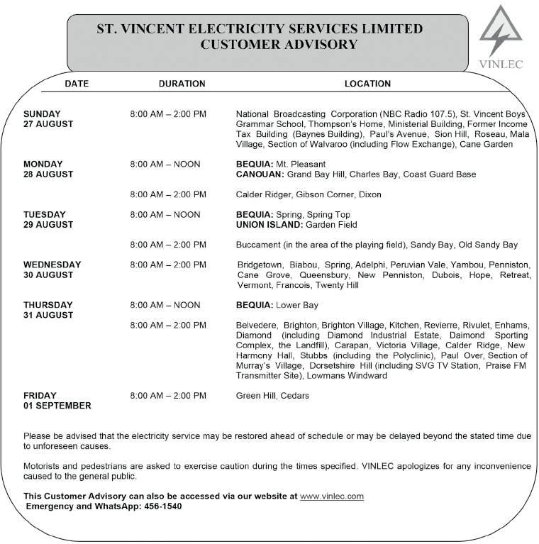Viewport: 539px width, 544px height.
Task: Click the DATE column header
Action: point(77,84)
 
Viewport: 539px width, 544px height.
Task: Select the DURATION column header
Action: point(182,84)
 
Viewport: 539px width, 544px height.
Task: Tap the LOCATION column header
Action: point(367,84)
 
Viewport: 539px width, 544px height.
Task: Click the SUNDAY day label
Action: point(42,114)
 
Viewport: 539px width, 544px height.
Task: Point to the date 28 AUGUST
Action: point(48,174)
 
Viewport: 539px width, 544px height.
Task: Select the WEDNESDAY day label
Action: point(52,265)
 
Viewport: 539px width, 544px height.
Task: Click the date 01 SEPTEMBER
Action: point(57,406)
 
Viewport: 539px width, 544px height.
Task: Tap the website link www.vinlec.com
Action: point(332,496)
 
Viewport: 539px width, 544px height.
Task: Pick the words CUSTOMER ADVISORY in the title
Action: point(279,45)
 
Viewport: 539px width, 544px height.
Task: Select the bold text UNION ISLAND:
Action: point(269,225)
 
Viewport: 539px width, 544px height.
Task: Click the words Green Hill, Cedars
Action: point(272,396)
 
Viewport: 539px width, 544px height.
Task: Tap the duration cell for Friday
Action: point(168,396)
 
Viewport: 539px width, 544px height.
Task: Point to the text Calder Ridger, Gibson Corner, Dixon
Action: point(308,194)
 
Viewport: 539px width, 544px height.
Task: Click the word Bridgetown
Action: point(259,265)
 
